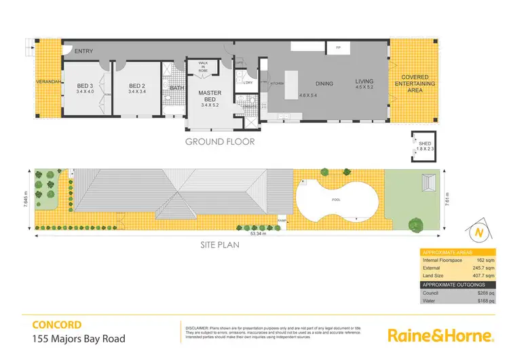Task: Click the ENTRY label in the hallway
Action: click(84, 52)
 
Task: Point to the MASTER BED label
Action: click(211, 96)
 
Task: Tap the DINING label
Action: click(324, 84)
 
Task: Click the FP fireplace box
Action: click(338, 48)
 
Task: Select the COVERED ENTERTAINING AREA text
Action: click(415, 83)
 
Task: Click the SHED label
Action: click(425, 145)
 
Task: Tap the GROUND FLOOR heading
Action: click(221, 143)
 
